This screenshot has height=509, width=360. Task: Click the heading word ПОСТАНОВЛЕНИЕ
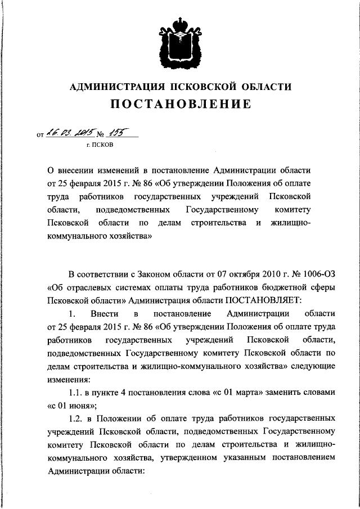[x=180, y=104]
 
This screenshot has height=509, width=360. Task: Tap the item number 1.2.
[x=76, y=419]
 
